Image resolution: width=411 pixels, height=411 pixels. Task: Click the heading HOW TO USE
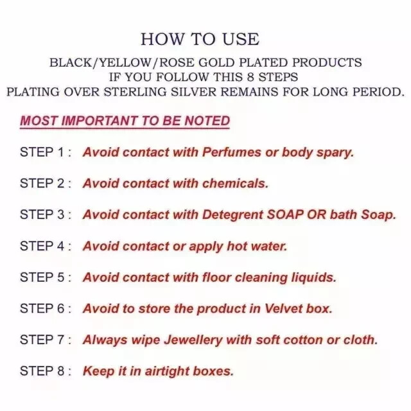200,39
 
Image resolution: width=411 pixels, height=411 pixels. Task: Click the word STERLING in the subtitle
136,92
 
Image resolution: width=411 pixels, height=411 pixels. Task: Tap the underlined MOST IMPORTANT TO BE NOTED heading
125,121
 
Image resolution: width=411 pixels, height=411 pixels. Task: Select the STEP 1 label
46,152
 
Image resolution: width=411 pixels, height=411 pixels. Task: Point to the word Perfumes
232,152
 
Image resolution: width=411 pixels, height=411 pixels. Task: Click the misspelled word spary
335,153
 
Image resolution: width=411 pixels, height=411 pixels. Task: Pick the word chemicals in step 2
236,184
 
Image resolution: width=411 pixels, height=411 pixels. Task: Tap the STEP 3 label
46,214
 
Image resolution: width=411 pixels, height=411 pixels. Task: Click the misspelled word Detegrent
233,215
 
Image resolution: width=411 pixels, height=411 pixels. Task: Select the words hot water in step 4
257,246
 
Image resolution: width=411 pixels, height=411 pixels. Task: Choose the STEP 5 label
46,277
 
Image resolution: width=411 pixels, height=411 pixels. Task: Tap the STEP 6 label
46,308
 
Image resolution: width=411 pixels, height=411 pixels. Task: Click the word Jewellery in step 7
193,340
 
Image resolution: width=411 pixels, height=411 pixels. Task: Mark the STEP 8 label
46,371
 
